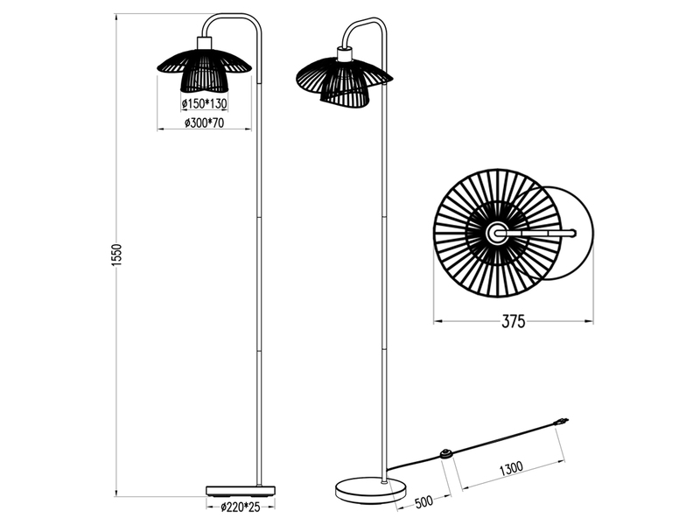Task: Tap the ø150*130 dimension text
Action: pyautogui.click(x=204, y=104)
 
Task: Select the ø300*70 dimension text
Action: pyautogui.click(x=204, y=123)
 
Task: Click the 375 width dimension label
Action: pyautogui.click(x=514, y=322)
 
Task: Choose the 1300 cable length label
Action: pyautogui.click(x=512, y=468)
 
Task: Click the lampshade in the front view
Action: pyautogui.click(x=203, y=68)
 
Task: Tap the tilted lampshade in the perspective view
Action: pyautogui.click(x=343, y=77)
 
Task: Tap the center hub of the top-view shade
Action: pyautogui.click(x=496, y=233)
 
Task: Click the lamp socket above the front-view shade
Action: pyautogui.click(x=205, y=42)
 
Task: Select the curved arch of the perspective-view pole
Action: pyautogui.click(x=366, y=24)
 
